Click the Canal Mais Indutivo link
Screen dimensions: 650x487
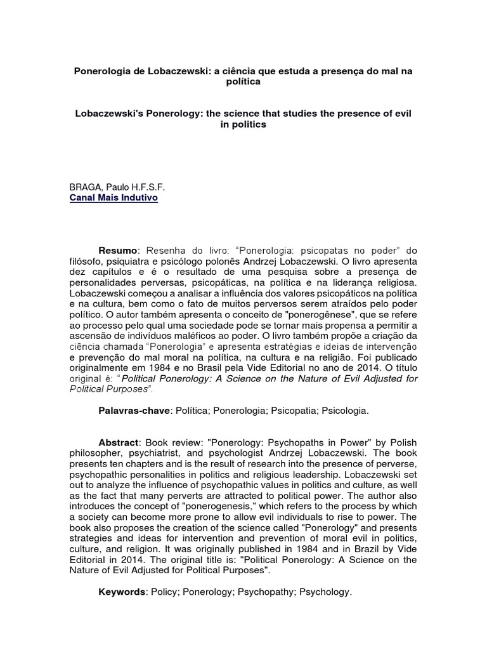[114, 198]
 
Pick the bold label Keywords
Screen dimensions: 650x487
[121, 592]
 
